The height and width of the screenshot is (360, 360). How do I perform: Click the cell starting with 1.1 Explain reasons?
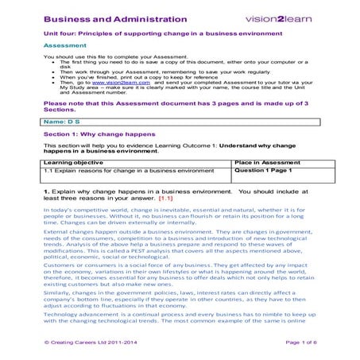[x=118, y=170]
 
